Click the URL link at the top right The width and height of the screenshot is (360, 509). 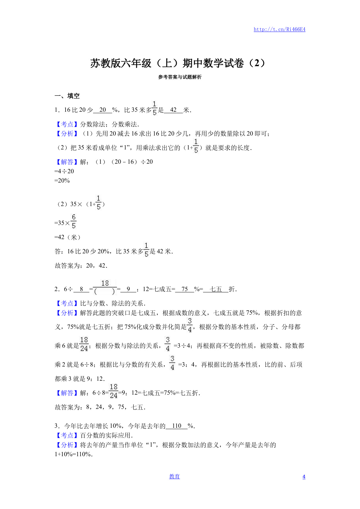279,29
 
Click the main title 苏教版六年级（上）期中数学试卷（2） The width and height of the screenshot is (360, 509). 178,63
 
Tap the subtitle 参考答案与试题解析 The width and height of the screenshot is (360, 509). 180,77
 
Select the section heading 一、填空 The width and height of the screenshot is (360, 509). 67,96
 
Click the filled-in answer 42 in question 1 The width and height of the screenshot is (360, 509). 173,110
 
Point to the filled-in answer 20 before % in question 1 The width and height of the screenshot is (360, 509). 102,110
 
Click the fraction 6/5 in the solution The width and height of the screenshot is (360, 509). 74,221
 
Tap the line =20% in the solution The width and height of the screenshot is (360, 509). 62,181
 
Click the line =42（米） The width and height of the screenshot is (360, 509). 68,237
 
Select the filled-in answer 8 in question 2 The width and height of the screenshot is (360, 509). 82,289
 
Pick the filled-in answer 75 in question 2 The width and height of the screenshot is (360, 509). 184,289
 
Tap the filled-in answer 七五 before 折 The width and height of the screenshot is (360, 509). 216,289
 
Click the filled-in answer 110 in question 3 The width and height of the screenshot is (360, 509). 176,426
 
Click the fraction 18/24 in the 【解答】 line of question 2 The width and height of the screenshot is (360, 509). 113,391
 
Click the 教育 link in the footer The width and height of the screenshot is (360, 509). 174,476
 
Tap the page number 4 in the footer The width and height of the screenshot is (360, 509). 304,477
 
